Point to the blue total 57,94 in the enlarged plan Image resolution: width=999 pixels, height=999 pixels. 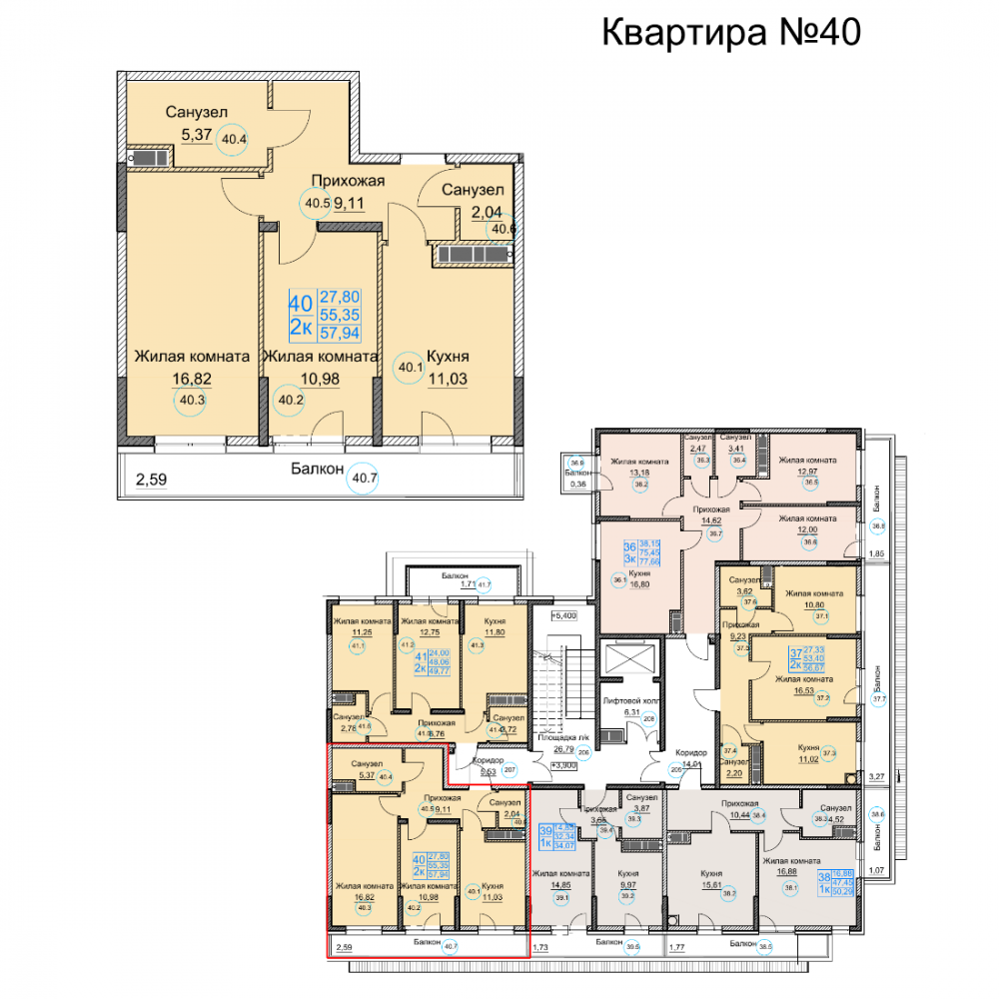340,334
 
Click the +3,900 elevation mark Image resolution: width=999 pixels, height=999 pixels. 564,764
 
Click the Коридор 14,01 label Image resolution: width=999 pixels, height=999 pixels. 689,757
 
